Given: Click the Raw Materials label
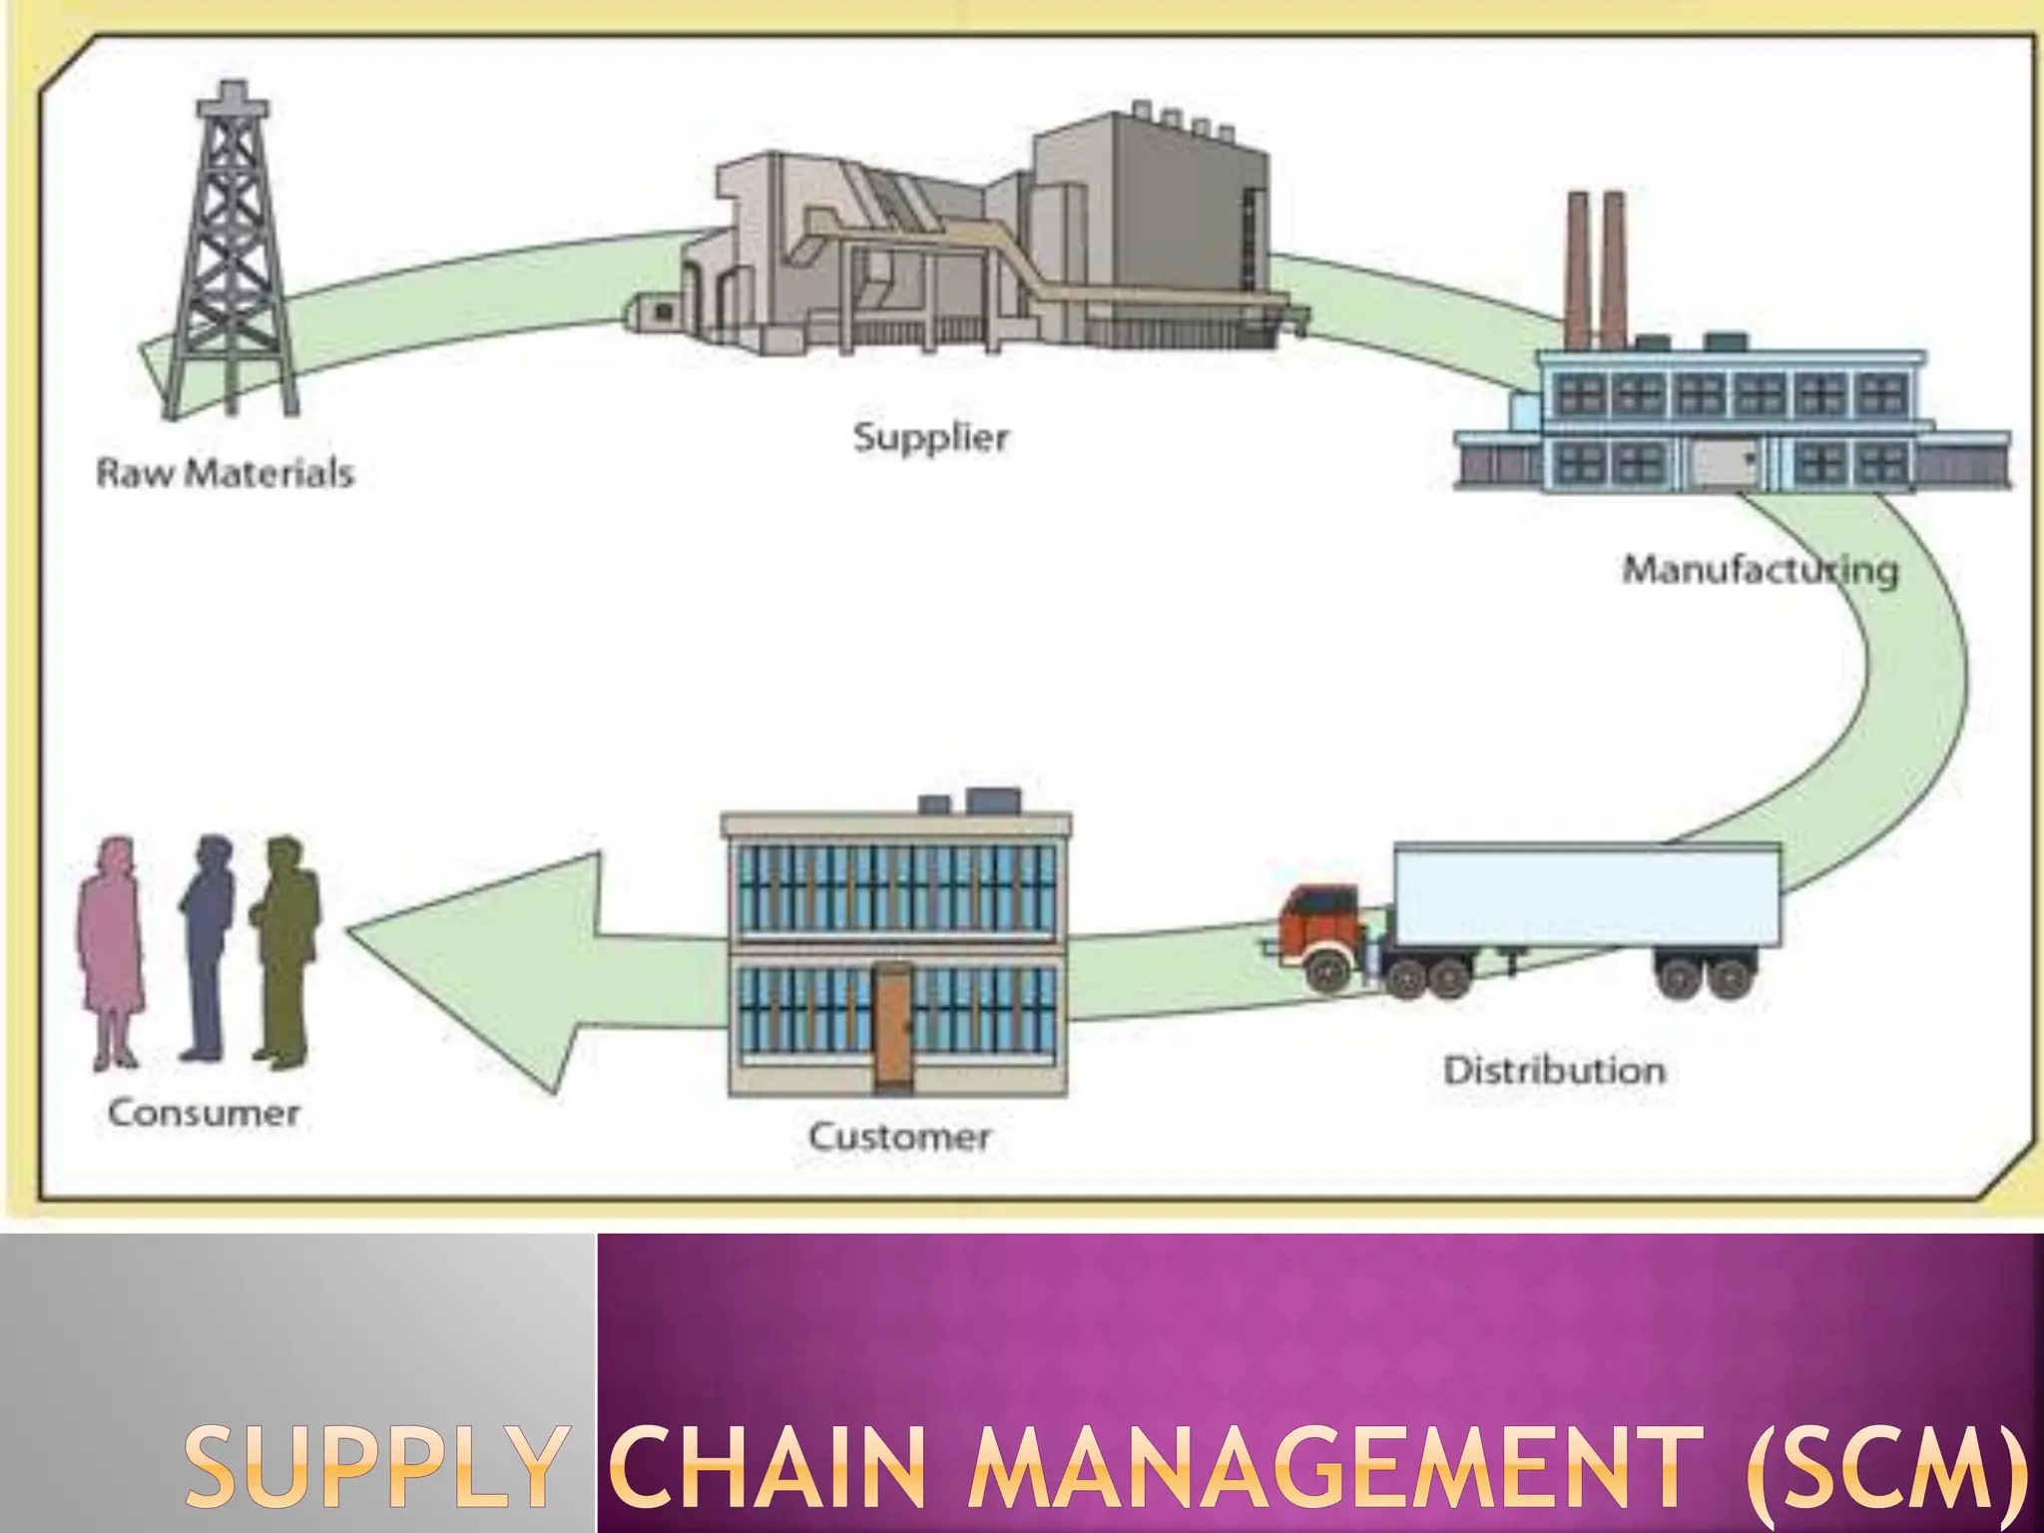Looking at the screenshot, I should point(226,472).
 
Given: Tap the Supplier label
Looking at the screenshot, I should point(930,437).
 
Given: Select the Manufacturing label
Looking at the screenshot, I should point(1760,570).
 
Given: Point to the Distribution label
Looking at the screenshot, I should point(1554,1071).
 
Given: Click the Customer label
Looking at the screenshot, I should point(899,1136).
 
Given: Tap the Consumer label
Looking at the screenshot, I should point(204,1113).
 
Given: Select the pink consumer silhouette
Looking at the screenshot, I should point(110,948).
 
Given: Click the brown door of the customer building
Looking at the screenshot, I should point(893,1028).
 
